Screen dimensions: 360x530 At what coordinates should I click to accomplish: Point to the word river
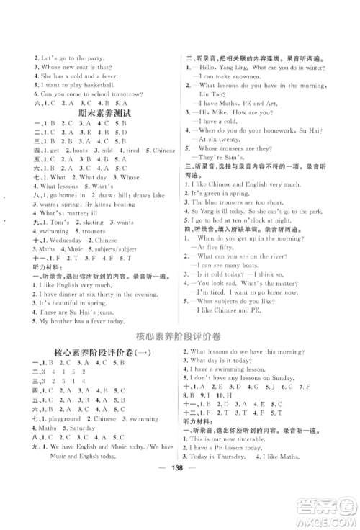291,264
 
